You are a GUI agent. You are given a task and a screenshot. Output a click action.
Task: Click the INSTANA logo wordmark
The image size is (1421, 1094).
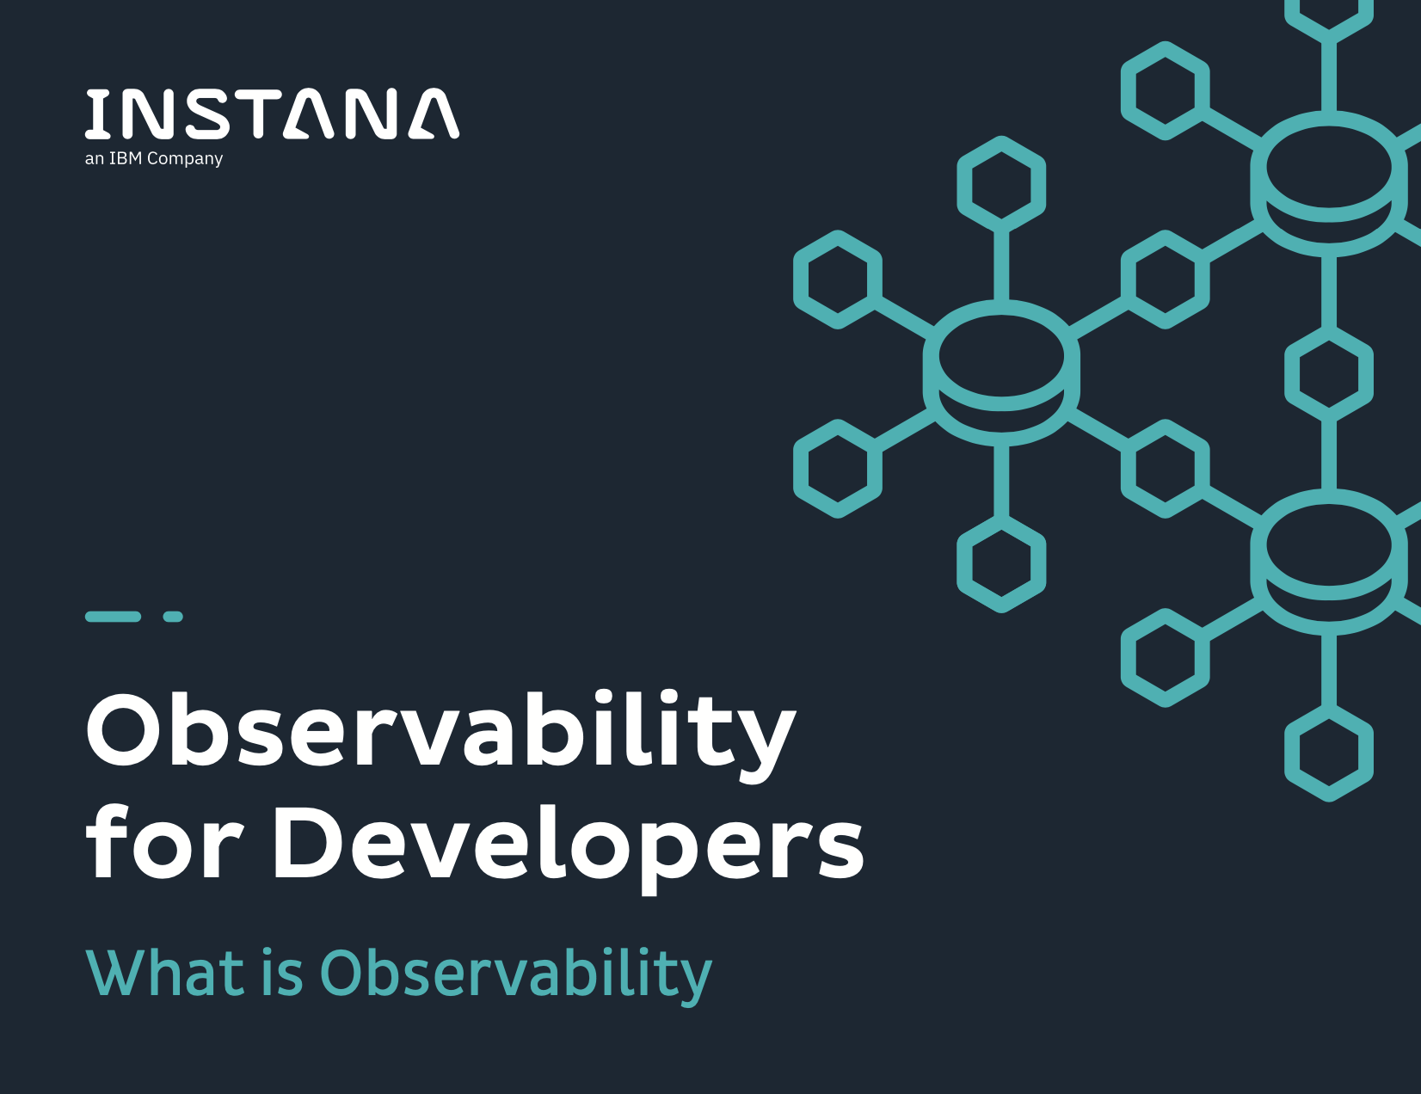272,114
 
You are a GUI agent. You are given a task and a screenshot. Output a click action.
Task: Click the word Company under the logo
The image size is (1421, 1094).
185,159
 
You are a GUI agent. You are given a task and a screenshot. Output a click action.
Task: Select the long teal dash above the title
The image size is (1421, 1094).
113,617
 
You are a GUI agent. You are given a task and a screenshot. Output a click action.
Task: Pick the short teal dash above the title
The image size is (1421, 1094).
173,617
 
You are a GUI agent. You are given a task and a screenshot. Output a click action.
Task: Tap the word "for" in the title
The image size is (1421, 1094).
163,841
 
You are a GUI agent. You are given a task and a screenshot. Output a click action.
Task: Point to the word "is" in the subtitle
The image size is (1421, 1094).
282,973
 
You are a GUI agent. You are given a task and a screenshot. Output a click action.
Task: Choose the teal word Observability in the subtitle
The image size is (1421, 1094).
515,976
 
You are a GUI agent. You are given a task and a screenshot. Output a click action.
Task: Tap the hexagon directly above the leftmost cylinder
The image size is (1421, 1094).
1001,184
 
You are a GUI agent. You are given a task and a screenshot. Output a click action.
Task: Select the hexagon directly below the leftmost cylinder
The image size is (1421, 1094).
1001,563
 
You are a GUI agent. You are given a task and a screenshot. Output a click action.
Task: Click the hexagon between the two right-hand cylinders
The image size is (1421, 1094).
1328,373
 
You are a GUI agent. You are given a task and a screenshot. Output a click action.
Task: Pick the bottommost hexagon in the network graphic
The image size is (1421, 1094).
1328,753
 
